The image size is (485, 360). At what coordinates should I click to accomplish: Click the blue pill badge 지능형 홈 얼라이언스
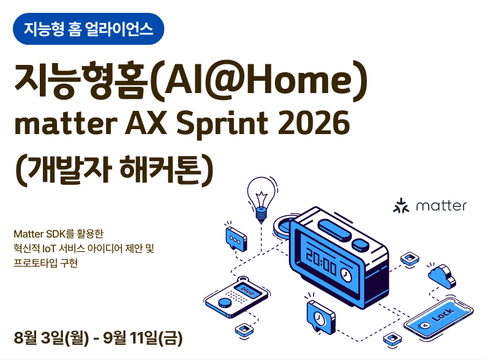pos(88,29)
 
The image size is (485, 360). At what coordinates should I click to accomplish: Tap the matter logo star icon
pos(401,206)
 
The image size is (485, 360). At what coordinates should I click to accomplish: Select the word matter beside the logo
pos(442,206)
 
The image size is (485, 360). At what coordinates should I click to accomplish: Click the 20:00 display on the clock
pos(321,262)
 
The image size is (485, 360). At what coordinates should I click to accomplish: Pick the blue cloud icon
pos(442,276)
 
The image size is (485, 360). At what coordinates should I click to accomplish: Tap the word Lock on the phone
pos(444,315)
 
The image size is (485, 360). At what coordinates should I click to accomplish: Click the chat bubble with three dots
pos(236,239)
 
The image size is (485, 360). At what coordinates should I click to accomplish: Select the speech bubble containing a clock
pos(320,317)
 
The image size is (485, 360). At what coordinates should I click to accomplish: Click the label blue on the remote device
pos(247,291)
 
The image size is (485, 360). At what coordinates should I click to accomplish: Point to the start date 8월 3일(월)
pos(51,338)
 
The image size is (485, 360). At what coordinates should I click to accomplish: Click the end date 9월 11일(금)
pos(143,338)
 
